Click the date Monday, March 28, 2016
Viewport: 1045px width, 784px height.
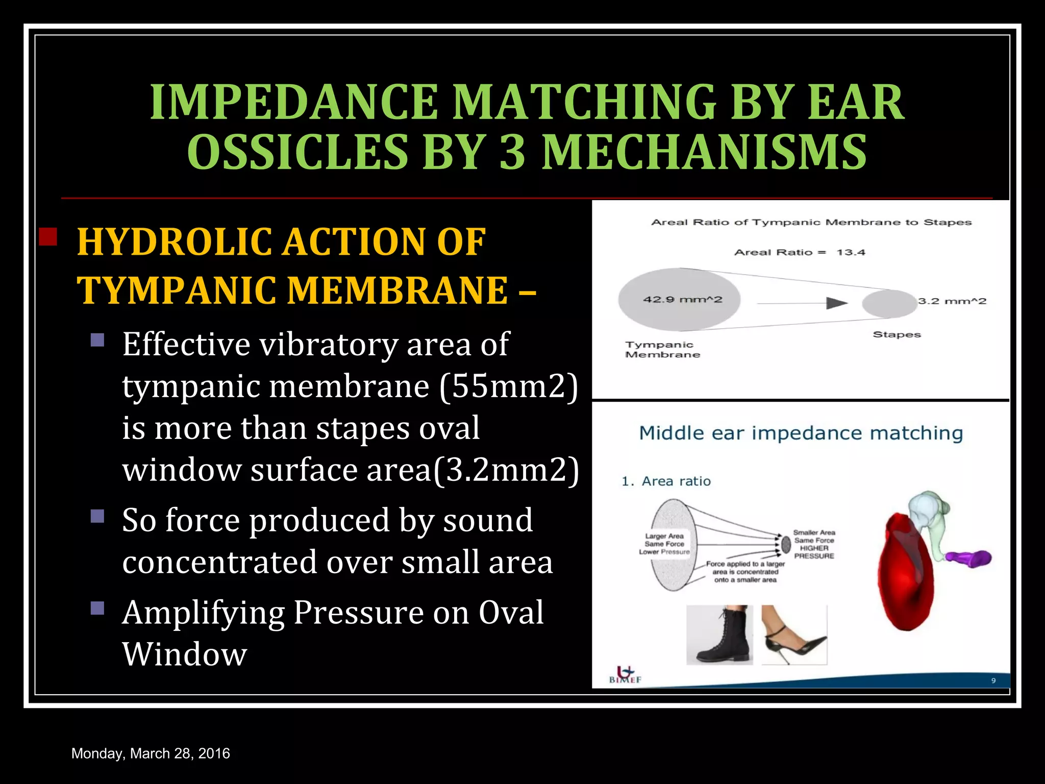click(x=151, y=753)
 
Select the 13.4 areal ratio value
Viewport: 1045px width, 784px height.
click(x=851, y=252)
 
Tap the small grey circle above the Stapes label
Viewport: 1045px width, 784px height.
click(x=889, y=304)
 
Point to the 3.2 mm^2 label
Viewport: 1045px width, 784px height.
click(x=952, y=301)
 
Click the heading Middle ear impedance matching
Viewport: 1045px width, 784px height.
click(x=801, y=433)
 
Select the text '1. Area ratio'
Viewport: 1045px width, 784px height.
click(x=666, y=481)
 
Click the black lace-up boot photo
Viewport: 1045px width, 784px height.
click(x=719, y=635)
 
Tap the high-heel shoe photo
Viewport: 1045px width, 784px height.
click(x=793, y=635)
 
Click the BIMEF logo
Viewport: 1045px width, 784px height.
click(x=625, y=675)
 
